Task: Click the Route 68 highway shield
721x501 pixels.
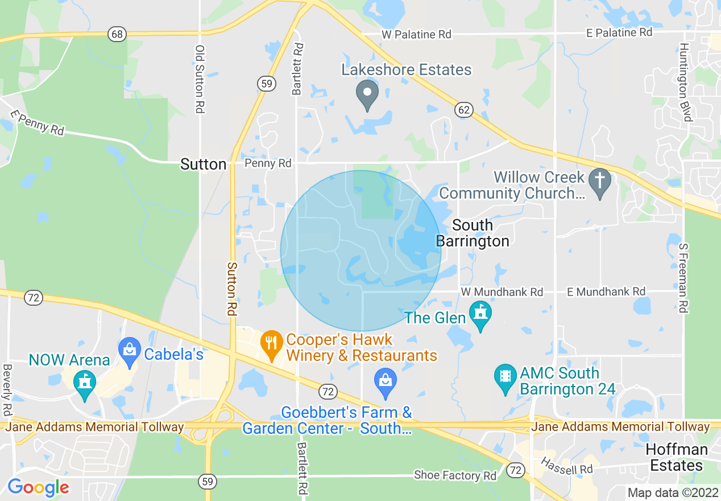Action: tap(117, 34)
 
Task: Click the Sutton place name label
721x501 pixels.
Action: tap(203, 165)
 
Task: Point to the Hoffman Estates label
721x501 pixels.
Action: tap(677, 457)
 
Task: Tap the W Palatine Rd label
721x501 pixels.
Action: tap(416, 35)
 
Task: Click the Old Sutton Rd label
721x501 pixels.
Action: tap(200, 79)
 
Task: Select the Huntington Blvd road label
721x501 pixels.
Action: tap(686, 82)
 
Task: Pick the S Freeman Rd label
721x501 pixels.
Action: tap(683, 278)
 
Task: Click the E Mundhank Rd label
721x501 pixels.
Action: tap(606, 291)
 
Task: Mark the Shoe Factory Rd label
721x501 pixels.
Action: tap(455, 475)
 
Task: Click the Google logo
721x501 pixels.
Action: tap(38, 487)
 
